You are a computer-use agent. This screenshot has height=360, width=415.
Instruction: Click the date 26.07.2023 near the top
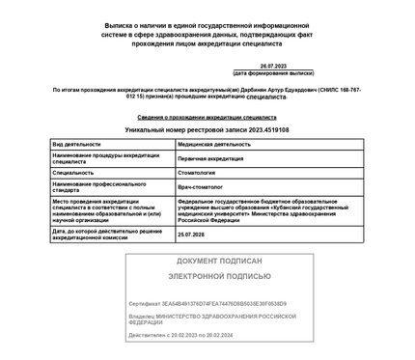273,66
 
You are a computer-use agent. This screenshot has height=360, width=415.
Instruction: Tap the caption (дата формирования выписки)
273,73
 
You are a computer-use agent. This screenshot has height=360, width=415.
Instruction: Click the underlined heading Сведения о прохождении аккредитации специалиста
207,117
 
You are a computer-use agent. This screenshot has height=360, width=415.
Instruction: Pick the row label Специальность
73,172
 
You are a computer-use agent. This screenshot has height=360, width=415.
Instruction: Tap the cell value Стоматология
200,172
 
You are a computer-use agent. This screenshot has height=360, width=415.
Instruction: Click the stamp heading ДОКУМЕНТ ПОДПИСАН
220,261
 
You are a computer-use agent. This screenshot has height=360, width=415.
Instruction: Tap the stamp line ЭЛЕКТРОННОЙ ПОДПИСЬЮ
220,276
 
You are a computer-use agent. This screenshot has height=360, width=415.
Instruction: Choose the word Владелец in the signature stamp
142,316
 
